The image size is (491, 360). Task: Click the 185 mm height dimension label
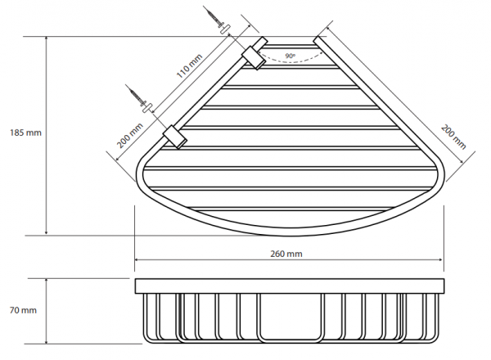25,133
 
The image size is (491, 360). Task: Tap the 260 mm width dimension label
286,254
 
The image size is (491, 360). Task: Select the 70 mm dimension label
23,310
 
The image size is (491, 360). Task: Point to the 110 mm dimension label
190,66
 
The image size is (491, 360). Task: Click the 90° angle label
291,56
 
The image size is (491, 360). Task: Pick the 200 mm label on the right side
453,137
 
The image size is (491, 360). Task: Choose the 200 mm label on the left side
130,136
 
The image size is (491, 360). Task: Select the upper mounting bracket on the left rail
254,58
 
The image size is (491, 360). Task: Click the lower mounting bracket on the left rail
175,137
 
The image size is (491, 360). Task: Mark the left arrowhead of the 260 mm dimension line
137,259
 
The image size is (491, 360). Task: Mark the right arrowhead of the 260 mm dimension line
442,259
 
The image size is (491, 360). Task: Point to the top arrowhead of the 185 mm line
47,38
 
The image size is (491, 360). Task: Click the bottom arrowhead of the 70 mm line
47,341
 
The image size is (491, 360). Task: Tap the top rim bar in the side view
290,286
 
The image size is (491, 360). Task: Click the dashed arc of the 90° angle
291,61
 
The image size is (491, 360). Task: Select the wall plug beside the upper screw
225,29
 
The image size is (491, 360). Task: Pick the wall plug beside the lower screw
146,108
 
